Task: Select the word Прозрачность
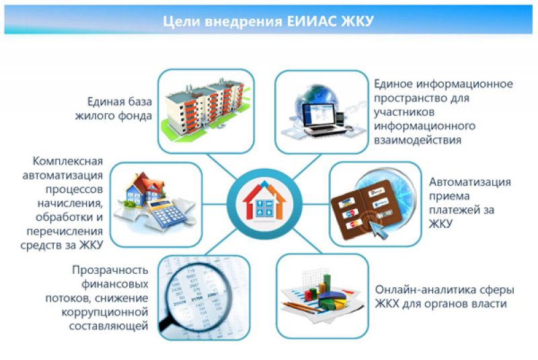(x=110, y=271)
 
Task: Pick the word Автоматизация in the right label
(x=470, y=182)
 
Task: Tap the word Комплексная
(x=68, y=161)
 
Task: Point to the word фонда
(x=135, y=116)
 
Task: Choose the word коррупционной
(x=105, y=312)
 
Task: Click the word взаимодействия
(x=418, y=141)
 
